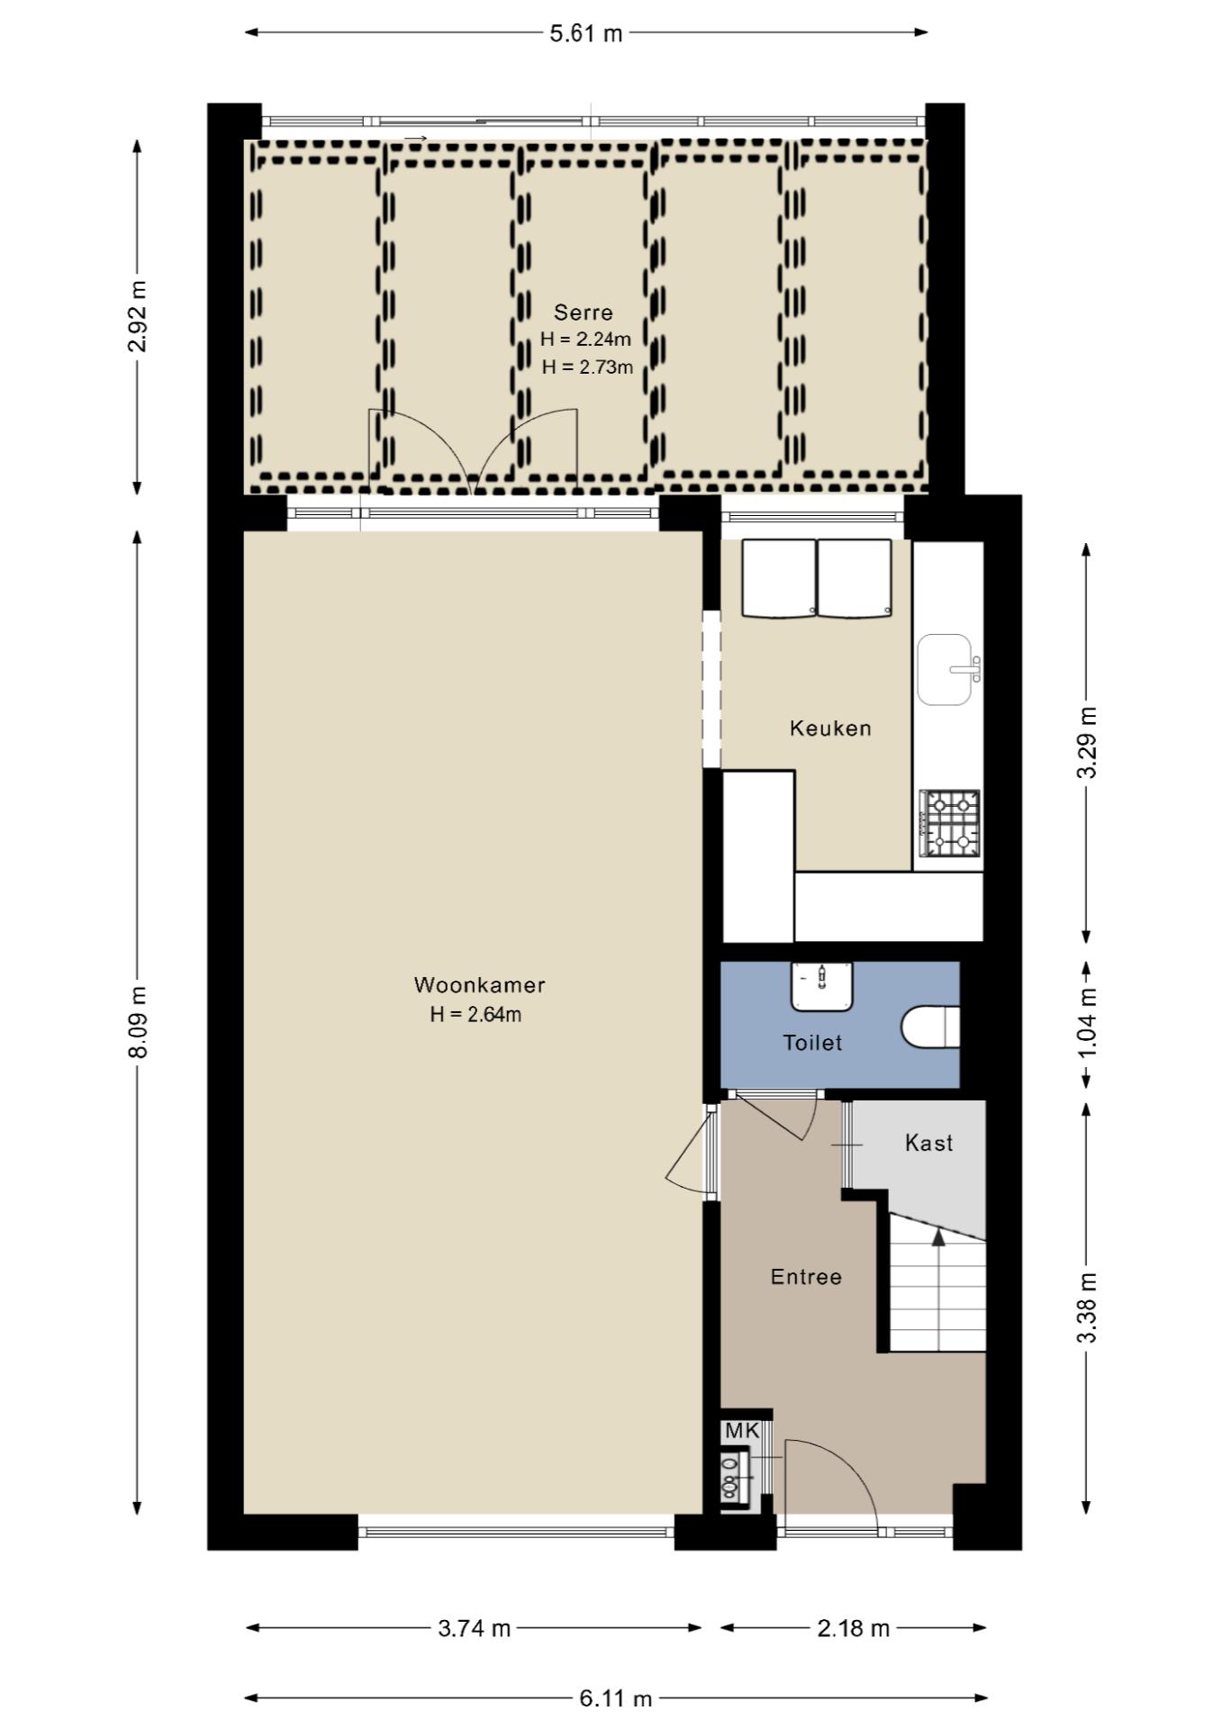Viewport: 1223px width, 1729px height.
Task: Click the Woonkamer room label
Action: pyautogui.click(x=479, y=985)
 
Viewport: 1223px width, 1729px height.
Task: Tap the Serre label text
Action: pyautogui.click(x=584, y=312)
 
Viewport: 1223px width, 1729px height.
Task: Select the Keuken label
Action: pyautogui.click(x=830, y=729)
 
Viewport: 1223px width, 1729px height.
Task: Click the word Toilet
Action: pyautogui.click(x=812, y=1043)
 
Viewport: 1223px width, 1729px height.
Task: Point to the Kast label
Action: pyautogui.click(x=929, y=1143)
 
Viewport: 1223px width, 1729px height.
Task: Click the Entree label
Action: pyautogui.click(x=806, y=1277)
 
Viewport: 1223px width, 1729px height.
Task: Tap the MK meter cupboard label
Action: pyautogui.click(x=743, y=1431)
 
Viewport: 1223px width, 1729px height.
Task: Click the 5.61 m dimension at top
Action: pyautogui.click(x=586, y=33)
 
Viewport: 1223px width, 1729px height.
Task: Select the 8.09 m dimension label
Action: pyautogui.click(x=137, y=1022)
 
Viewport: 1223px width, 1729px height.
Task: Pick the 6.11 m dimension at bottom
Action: pyautogui.click(x=616, y=1698)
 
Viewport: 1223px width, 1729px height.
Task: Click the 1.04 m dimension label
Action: pyautogui.click(x=1087, y=1024)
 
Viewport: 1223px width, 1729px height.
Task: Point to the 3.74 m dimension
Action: pyautogui.click(x=475, y=1628)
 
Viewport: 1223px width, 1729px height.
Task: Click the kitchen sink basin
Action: pyautogui.click(x=945, y=669)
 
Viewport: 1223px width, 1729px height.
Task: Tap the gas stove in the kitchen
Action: pyautogui.click(x=950, y=823)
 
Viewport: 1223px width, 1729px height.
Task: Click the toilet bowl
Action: pyautogui.click(x=930, y=1027)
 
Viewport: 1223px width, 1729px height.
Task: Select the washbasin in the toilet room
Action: pyautogui.click(x=821, y=987)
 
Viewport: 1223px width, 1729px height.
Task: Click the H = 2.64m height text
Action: pyautogui.click(x=476, y=1015)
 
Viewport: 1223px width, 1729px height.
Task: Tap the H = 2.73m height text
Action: pyautogui.click(x=587, y=367)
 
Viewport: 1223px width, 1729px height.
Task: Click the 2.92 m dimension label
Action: pyautogui.click(x=137, y=316)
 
